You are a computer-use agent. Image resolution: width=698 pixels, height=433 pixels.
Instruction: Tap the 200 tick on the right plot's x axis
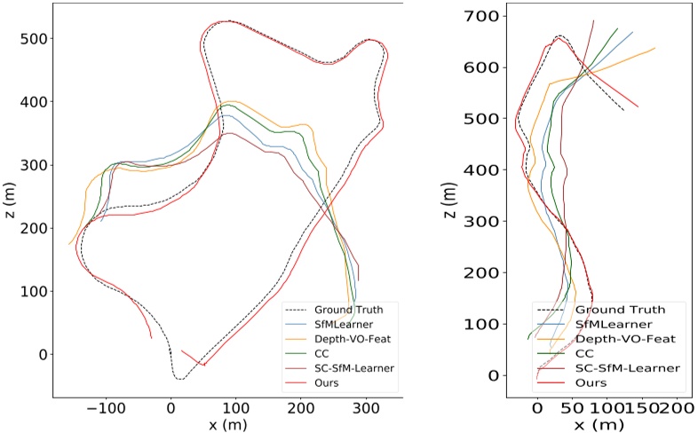point(678,408)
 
